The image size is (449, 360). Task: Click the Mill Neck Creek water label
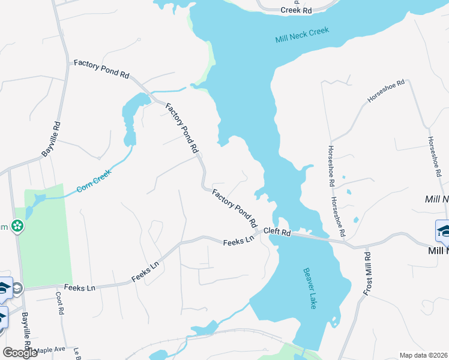click(303, 35)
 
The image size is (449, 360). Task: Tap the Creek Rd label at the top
click(297, 10)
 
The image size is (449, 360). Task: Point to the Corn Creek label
click(94, 182)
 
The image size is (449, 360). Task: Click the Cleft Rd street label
click(277, 233)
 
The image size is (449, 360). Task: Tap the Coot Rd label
click(59, 304)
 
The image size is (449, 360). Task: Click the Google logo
click(20, 353)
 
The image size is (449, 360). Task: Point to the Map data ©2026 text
click(423, 355)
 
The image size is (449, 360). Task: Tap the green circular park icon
click(18, 226)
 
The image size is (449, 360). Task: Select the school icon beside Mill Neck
click(443, 230)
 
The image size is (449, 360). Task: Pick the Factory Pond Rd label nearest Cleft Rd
click(235, 208)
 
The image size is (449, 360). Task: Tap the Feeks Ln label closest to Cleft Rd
click(239, 242)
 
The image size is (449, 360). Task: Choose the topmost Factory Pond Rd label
click(101, 69)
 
